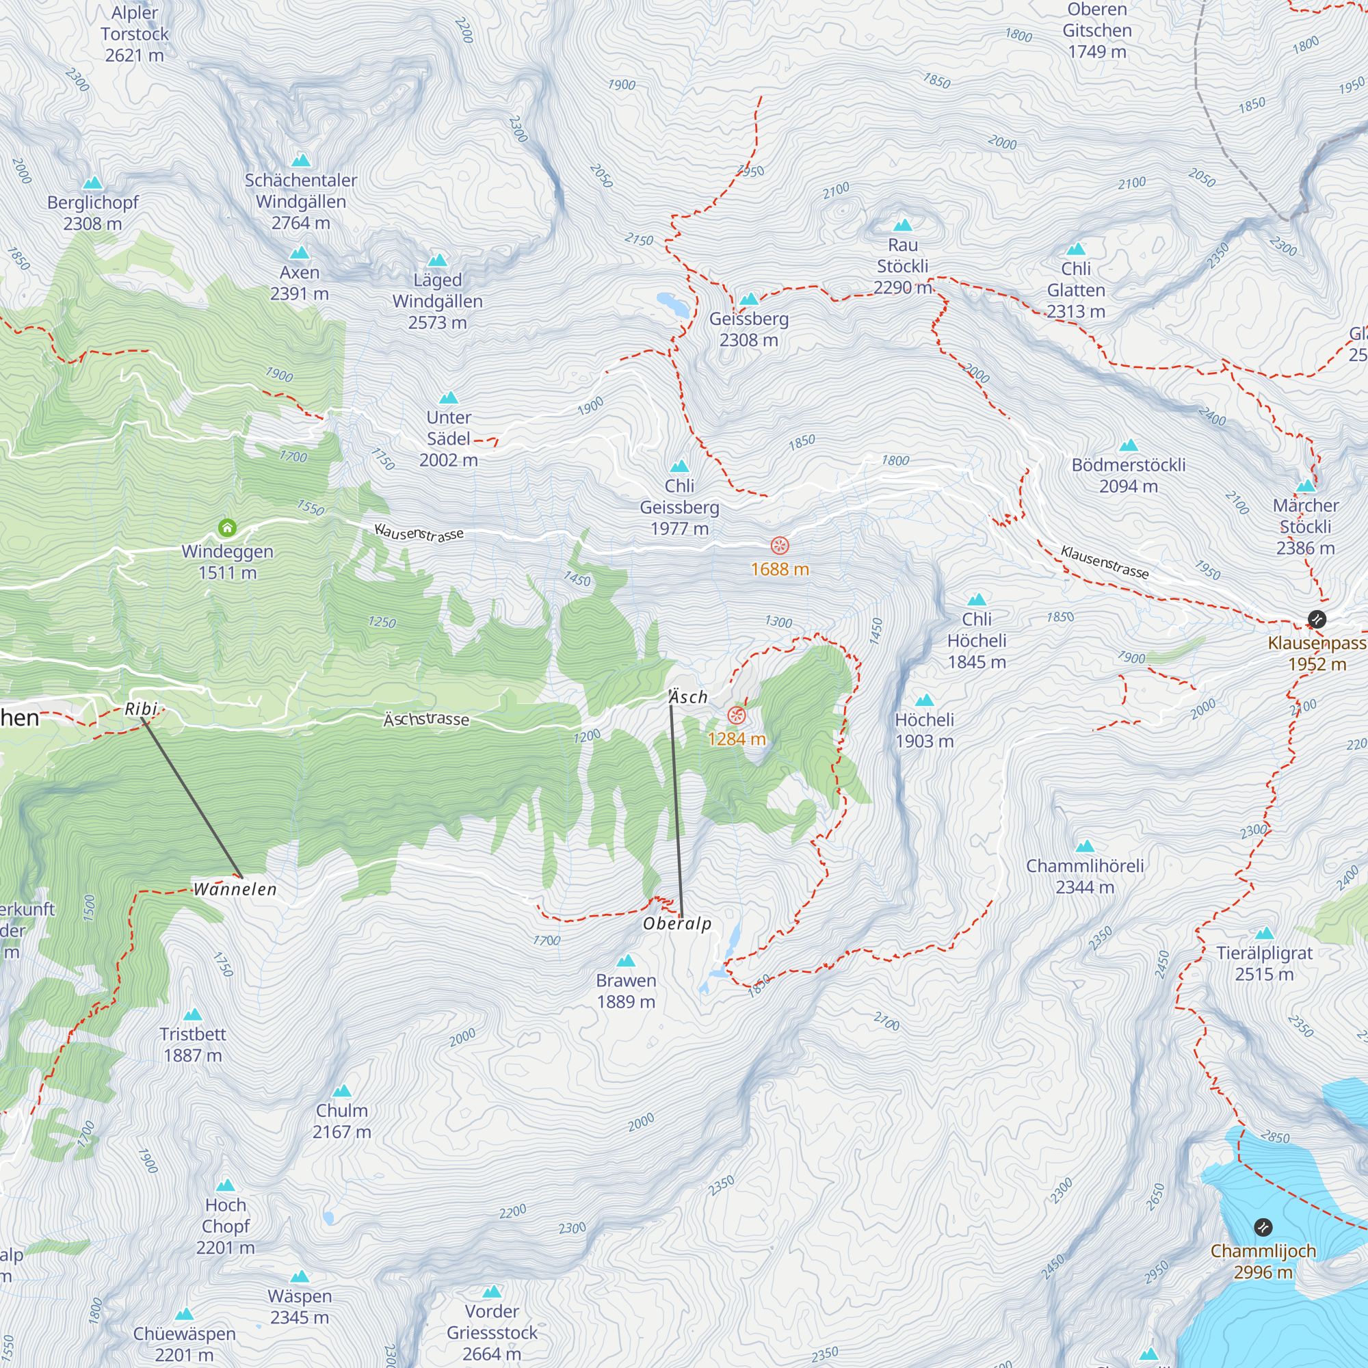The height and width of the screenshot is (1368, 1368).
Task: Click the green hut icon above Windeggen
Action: coord(227,527)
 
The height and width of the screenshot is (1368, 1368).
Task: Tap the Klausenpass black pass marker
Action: coord(1316,620)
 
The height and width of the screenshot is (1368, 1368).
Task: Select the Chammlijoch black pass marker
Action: coord(1263,1227)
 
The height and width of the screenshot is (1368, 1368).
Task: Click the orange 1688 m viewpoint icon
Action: coord(780,546)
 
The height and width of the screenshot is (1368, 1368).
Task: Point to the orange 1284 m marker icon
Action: coord(737,715)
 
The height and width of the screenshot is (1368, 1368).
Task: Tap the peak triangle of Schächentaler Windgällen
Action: coord(301,160)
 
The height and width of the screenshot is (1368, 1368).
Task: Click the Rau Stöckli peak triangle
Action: coord(903,225)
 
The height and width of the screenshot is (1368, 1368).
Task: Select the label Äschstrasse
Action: coord(426,720)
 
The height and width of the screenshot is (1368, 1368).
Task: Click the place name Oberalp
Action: coord(677,923)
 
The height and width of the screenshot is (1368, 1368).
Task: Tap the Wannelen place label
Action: coord(235,889)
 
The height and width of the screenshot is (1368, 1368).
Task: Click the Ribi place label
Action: coord(141,709)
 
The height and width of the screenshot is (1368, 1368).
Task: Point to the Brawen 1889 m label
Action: coord(626,991)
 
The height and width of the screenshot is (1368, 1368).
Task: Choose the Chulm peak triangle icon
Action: coord(342,1091)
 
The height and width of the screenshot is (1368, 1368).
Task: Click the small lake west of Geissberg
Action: coord(672,304)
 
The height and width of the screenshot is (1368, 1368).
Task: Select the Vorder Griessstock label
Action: coord(492,1332)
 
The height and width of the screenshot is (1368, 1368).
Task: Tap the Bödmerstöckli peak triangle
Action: coord(1129,445)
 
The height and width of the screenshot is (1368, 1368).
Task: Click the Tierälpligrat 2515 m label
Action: coord(1264,964)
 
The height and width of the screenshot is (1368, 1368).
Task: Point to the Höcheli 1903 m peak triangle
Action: coord(924,700)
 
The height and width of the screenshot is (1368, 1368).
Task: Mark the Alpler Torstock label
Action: coord(135,34)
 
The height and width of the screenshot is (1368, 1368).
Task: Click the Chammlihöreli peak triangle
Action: coord(1085,846)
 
